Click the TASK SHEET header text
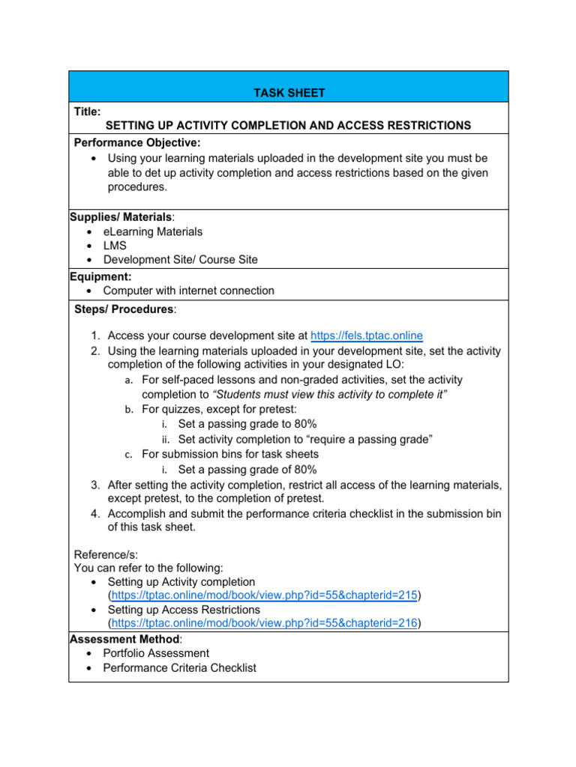(288, 93)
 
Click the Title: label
(87, 112)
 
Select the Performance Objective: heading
(137, 142)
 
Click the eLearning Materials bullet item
(152, 232)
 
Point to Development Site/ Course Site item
(180, 260)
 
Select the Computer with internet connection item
(188, 291)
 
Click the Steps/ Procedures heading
(125, 309)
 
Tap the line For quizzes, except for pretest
(218, 409)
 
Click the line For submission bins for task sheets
(229, 454)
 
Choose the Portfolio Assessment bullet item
(156, 653)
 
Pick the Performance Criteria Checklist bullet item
(179, 667)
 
